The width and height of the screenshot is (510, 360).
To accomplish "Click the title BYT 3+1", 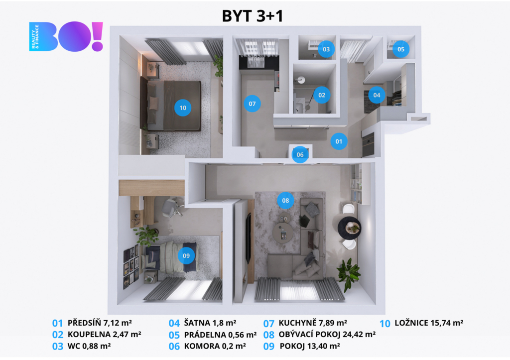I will (x=253, y=16).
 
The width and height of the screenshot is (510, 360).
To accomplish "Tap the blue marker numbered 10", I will (x=183, y=108).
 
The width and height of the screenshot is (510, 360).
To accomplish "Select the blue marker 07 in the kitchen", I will (x=253, y=104).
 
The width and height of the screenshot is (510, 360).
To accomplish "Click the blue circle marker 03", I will (x=326, y=49).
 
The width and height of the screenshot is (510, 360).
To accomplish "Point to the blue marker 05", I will (x=401, y=49).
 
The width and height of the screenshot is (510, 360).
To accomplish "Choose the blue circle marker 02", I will (x=322, y=95).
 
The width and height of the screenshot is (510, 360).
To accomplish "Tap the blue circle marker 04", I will (x=377, y=95).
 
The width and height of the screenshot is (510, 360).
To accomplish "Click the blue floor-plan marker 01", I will (x=339, y=141).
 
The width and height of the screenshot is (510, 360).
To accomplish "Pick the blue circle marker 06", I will (x=300, y=154).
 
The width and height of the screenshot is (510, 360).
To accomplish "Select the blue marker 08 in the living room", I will (x=285, y=201).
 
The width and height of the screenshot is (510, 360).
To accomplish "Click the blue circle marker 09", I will (x=186, y=255).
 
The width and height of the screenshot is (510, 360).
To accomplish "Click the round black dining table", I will (x=349, y=228).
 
